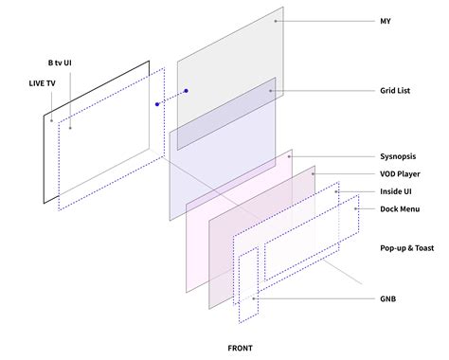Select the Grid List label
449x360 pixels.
395,92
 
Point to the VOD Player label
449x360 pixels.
401,173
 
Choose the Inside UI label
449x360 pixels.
396,191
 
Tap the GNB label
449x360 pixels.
386,298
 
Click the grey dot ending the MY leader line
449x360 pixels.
277,20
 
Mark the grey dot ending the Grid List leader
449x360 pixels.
271,92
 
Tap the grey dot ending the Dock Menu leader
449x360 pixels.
355,209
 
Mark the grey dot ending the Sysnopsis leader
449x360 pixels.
290,155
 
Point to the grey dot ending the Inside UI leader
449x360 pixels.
338,191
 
